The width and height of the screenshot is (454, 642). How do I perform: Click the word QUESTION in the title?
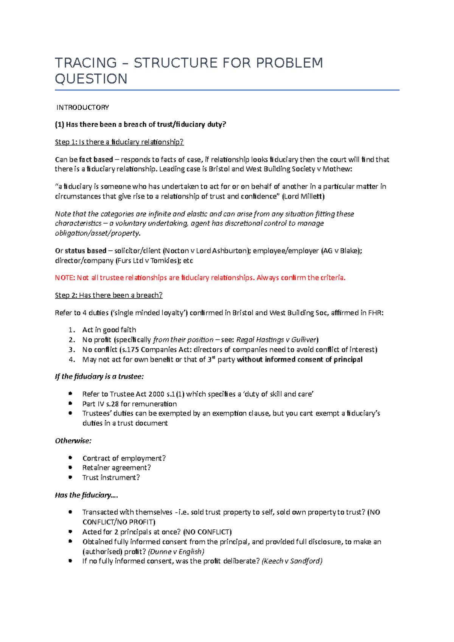coord(91,79)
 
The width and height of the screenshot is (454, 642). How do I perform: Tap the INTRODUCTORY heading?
coord(82,108)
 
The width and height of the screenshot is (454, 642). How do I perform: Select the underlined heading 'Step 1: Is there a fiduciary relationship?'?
coord(119,142)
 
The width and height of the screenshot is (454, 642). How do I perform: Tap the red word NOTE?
coord(64,278)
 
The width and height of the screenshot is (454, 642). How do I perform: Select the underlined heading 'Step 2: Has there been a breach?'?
coord(109,295)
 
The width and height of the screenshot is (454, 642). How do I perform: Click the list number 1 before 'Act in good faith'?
coord(72,330)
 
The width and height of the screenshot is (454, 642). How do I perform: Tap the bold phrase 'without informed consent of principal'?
coord(299,360)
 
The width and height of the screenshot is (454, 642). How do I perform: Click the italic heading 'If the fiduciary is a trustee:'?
coord(99,377)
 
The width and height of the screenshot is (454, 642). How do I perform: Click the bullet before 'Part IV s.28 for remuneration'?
coord(70,403)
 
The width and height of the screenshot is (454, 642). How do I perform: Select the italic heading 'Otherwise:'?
coord(73,441)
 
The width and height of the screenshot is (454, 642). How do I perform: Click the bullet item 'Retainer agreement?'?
coord(117,468)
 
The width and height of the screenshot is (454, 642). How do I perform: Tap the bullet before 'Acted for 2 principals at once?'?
coord(70,531)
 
